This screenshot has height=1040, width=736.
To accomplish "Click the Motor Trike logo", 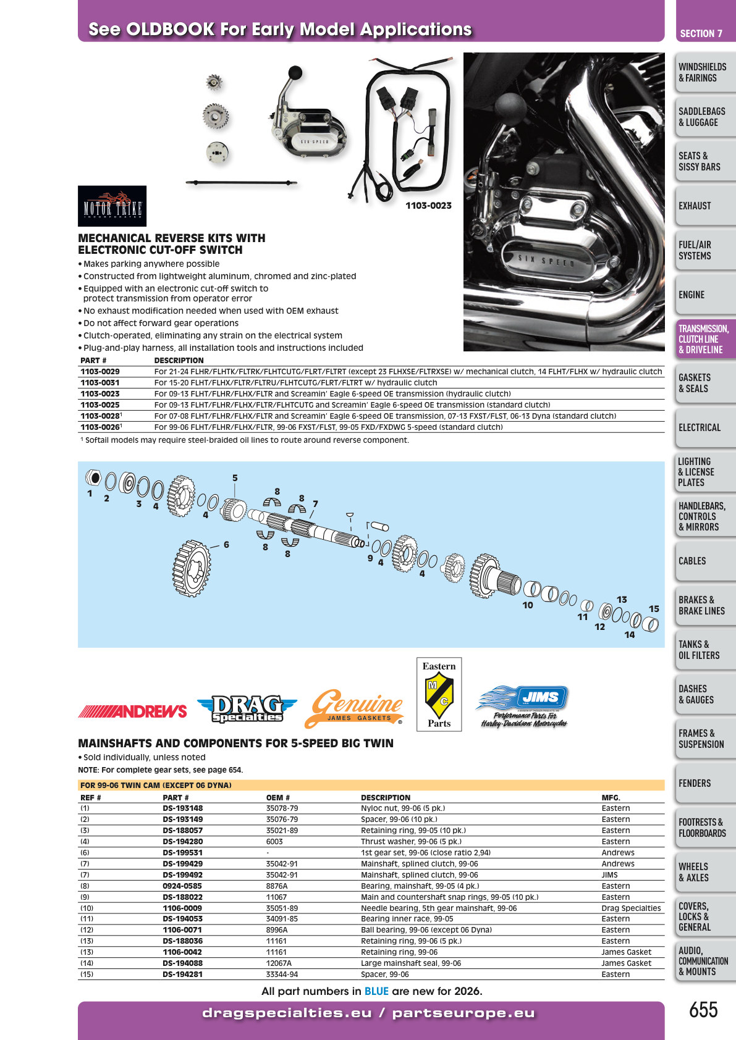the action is (112, 206).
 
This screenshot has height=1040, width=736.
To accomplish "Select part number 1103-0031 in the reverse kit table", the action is (100, 382).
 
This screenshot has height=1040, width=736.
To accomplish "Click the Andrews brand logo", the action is (132, 711).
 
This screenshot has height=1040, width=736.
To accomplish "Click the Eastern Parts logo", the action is (439, 694).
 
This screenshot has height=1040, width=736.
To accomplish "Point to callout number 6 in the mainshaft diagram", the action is (226, 545).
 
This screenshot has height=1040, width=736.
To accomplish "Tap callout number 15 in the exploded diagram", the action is (654, 609).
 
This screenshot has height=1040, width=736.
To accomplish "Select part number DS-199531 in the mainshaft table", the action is (182, 852).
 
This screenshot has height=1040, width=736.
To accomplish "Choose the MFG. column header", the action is (611, 798).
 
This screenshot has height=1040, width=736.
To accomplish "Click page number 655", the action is (703, 1009).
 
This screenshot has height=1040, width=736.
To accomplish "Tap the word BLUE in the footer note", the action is (376, 991).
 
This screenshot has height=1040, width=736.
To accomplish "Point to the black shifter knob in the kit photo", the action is (295, 73).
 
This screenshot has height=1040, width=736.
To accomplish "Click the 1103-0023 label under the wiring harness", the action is (428, 206).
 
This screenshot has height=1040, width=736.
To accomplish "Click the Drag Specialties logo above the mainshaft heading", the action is (247, 708).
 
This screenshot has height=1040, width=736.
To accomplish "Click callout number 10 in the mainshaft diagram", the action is (528, 605).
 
